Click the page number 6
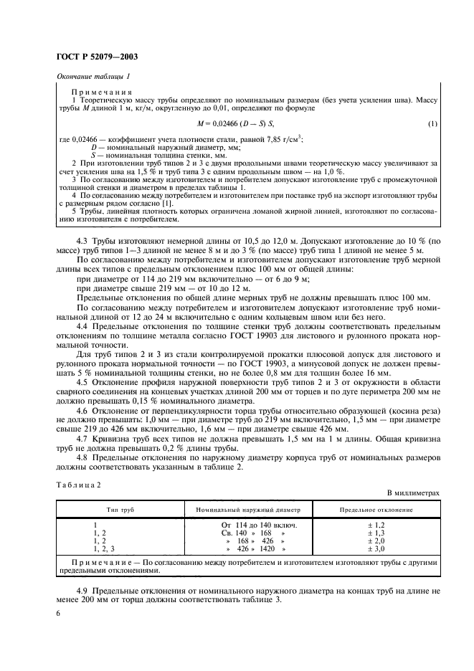point(57,614)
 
